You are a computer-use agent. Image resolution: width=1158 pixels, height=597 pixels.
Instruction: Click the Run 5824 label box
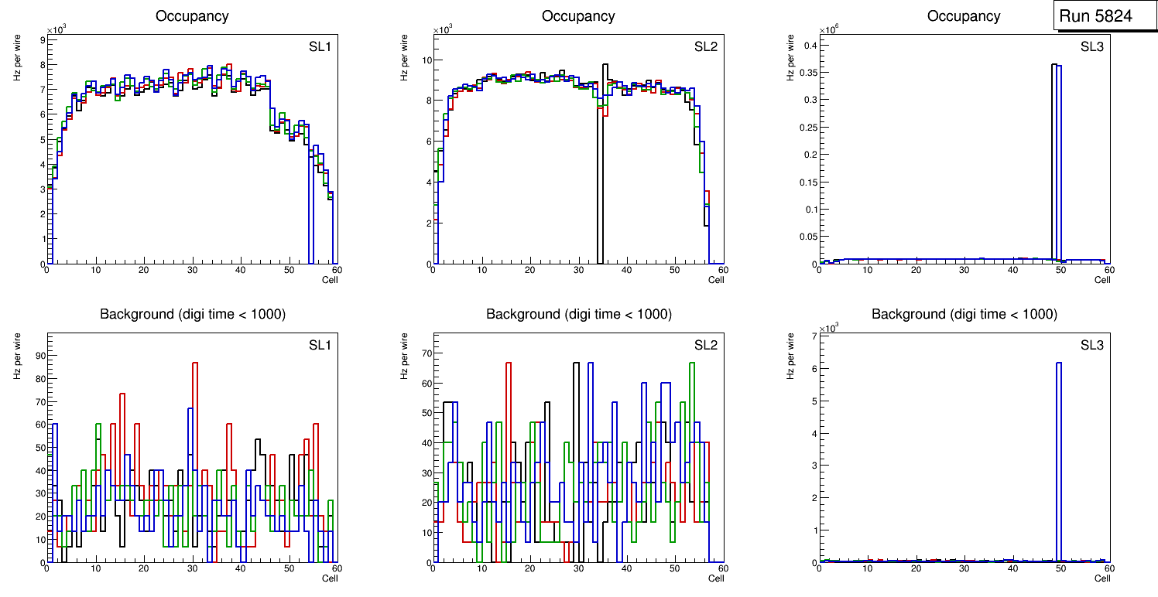pos(1105,16)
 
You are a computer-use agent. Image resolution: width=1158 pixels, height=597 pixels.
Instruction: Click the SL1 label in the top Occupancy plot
pos(320,47)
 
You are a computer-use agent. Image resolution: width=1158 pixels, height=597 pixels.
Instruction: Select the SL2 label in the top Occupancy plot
pos(706,47)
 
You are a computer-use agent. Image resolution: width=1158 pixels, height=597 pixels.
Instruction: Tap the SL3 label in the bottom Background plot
pos(1092,345)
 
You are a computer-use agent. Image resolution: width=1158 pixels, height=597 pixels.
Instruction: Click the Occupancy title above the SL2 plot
pos(578,16)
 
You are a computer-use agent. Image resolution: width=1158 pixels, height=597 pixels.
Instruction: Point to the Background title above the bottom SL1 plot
pos(192,314)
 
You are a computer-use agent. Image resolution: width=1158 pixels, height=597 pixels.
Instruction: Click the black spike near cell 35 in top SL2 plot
pos(605,155)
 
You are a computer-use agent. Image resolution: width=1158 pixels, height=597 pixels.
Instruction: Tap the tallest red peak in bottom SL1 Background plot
pos(195,402)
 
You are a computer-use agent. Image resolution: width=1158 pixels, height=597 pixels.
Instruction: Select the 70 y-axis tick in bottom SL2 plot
pos(424,353)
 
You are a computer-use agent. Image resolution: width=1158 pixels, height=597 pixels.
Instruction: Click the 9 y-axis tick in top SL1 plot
pos(41,39)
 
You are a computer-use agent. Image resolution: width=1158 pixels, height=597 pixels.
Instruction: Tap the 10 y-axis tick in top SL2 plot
pos(425,60)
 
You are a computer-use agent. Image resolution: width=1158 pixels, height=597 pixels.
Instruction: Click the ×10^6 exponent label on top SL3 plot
pos(828,30)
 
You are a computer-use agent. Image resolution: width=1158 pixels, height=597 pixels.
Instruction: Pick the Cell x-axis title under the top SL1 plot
pos(330,280)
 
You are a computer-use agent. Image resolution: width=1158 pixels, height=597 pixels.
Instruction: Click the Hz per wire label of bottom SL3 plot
pos(790,355)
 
